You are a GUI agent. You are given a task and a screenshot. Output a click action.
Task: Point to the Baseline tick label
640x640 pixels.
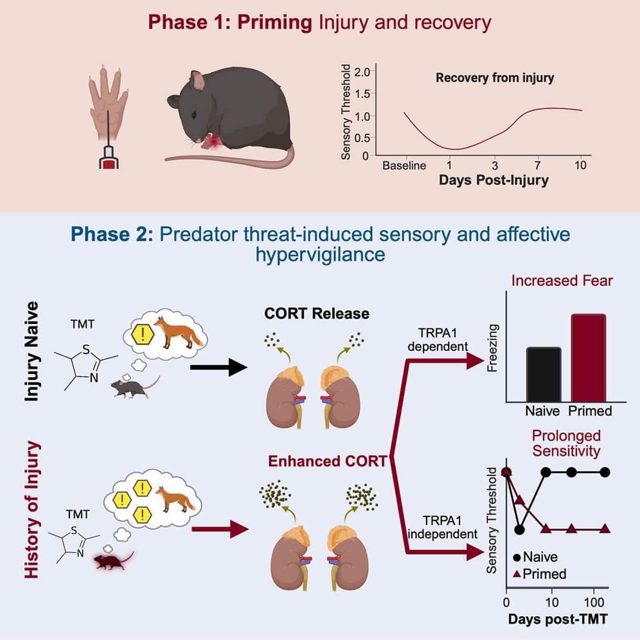[404, 165]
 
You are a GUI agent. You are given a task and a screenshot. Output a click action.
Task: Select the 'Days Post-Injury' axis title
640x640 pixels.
[493, 180]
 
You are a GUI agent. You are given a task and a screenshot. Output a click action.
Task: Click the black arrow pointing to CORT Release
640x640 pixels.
[218, 368]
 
